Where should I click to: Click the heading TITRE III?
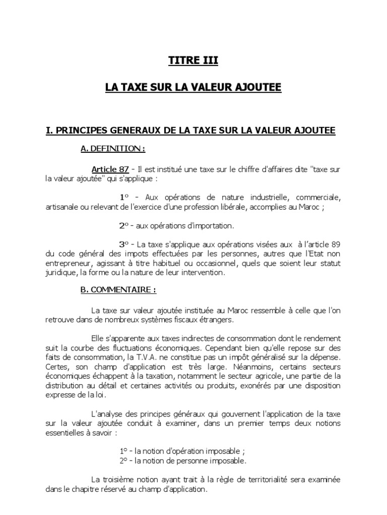click(193, 61)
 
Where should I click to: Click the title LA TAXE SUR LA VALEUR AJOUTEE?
click(193, 88)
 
